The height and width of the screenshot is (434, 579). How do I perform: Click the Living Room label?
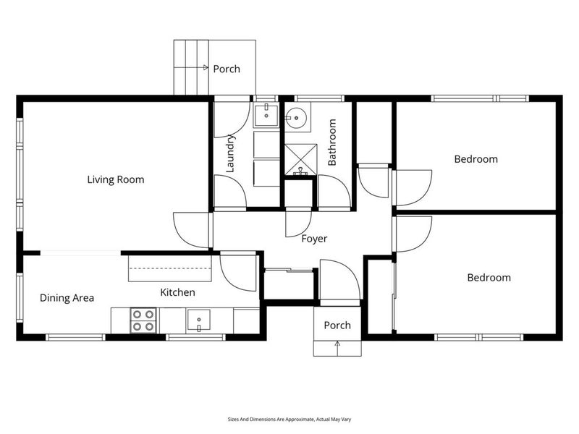[116, 179]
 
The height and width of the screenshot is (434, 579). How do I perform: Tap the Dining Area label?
[67, 298]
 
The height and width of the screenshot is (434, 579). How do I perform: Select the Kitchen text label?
[177, 292]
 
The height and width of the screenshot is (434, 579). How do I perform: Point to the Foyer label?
[314, 239]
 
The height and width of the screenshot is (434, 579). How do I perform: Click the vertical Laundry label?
[230, 153]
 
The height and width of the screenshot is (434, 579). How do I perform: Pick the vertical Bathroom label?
[332, 142]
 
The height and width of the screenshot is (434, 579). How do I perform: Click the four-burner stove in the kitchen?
[143, 320]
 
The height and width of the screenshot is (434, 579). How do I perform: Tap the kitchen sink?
[198, 320]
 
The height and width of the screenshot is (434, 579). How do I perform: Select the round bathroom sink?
[297, 118]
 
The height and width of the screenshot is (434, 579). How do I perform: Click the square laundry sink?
[266, 115]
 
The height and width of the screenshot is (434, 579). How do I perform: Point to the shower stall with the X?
[300, 160]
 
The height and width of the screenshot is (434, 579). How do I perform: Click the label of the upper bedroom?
[476, 159]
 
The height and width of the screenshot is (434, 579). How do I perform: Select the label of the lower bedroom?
[489, 278]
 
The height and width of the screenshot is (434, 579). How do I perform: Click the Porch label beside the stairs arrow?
[227, 69]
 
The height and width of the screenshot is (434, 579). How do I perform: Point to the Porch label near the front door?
[337, 325]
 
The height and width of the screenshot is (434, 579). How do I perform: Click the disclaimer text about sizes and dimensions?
[289, 420]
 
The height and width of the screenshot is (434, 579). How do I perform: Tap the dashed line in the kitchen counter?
[170, 268]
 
